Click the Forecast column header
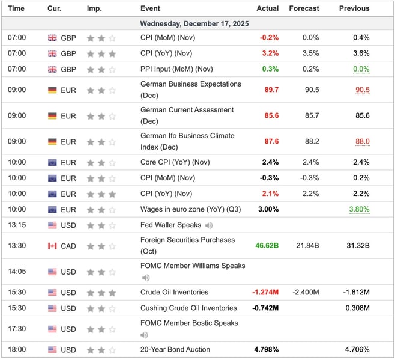point(304,8)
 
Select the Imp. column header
point(94,8)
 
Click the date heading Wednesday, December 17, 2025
point(194,23)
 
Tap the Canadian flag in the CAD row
point(52,246)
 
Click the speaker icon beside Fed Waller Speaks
point(208,225)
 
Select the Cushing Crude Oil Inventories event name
point(188,308)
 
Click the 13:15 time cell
point(17,225)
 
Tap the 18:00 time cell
point(17,350)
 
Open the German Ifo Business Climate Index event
point(187,141)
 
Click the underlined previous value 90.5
point(362,90)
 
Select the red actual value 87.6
point(271,141)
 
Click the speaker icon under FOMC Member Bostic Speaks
point(144,335)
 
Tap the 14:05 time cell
point(17,272)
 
